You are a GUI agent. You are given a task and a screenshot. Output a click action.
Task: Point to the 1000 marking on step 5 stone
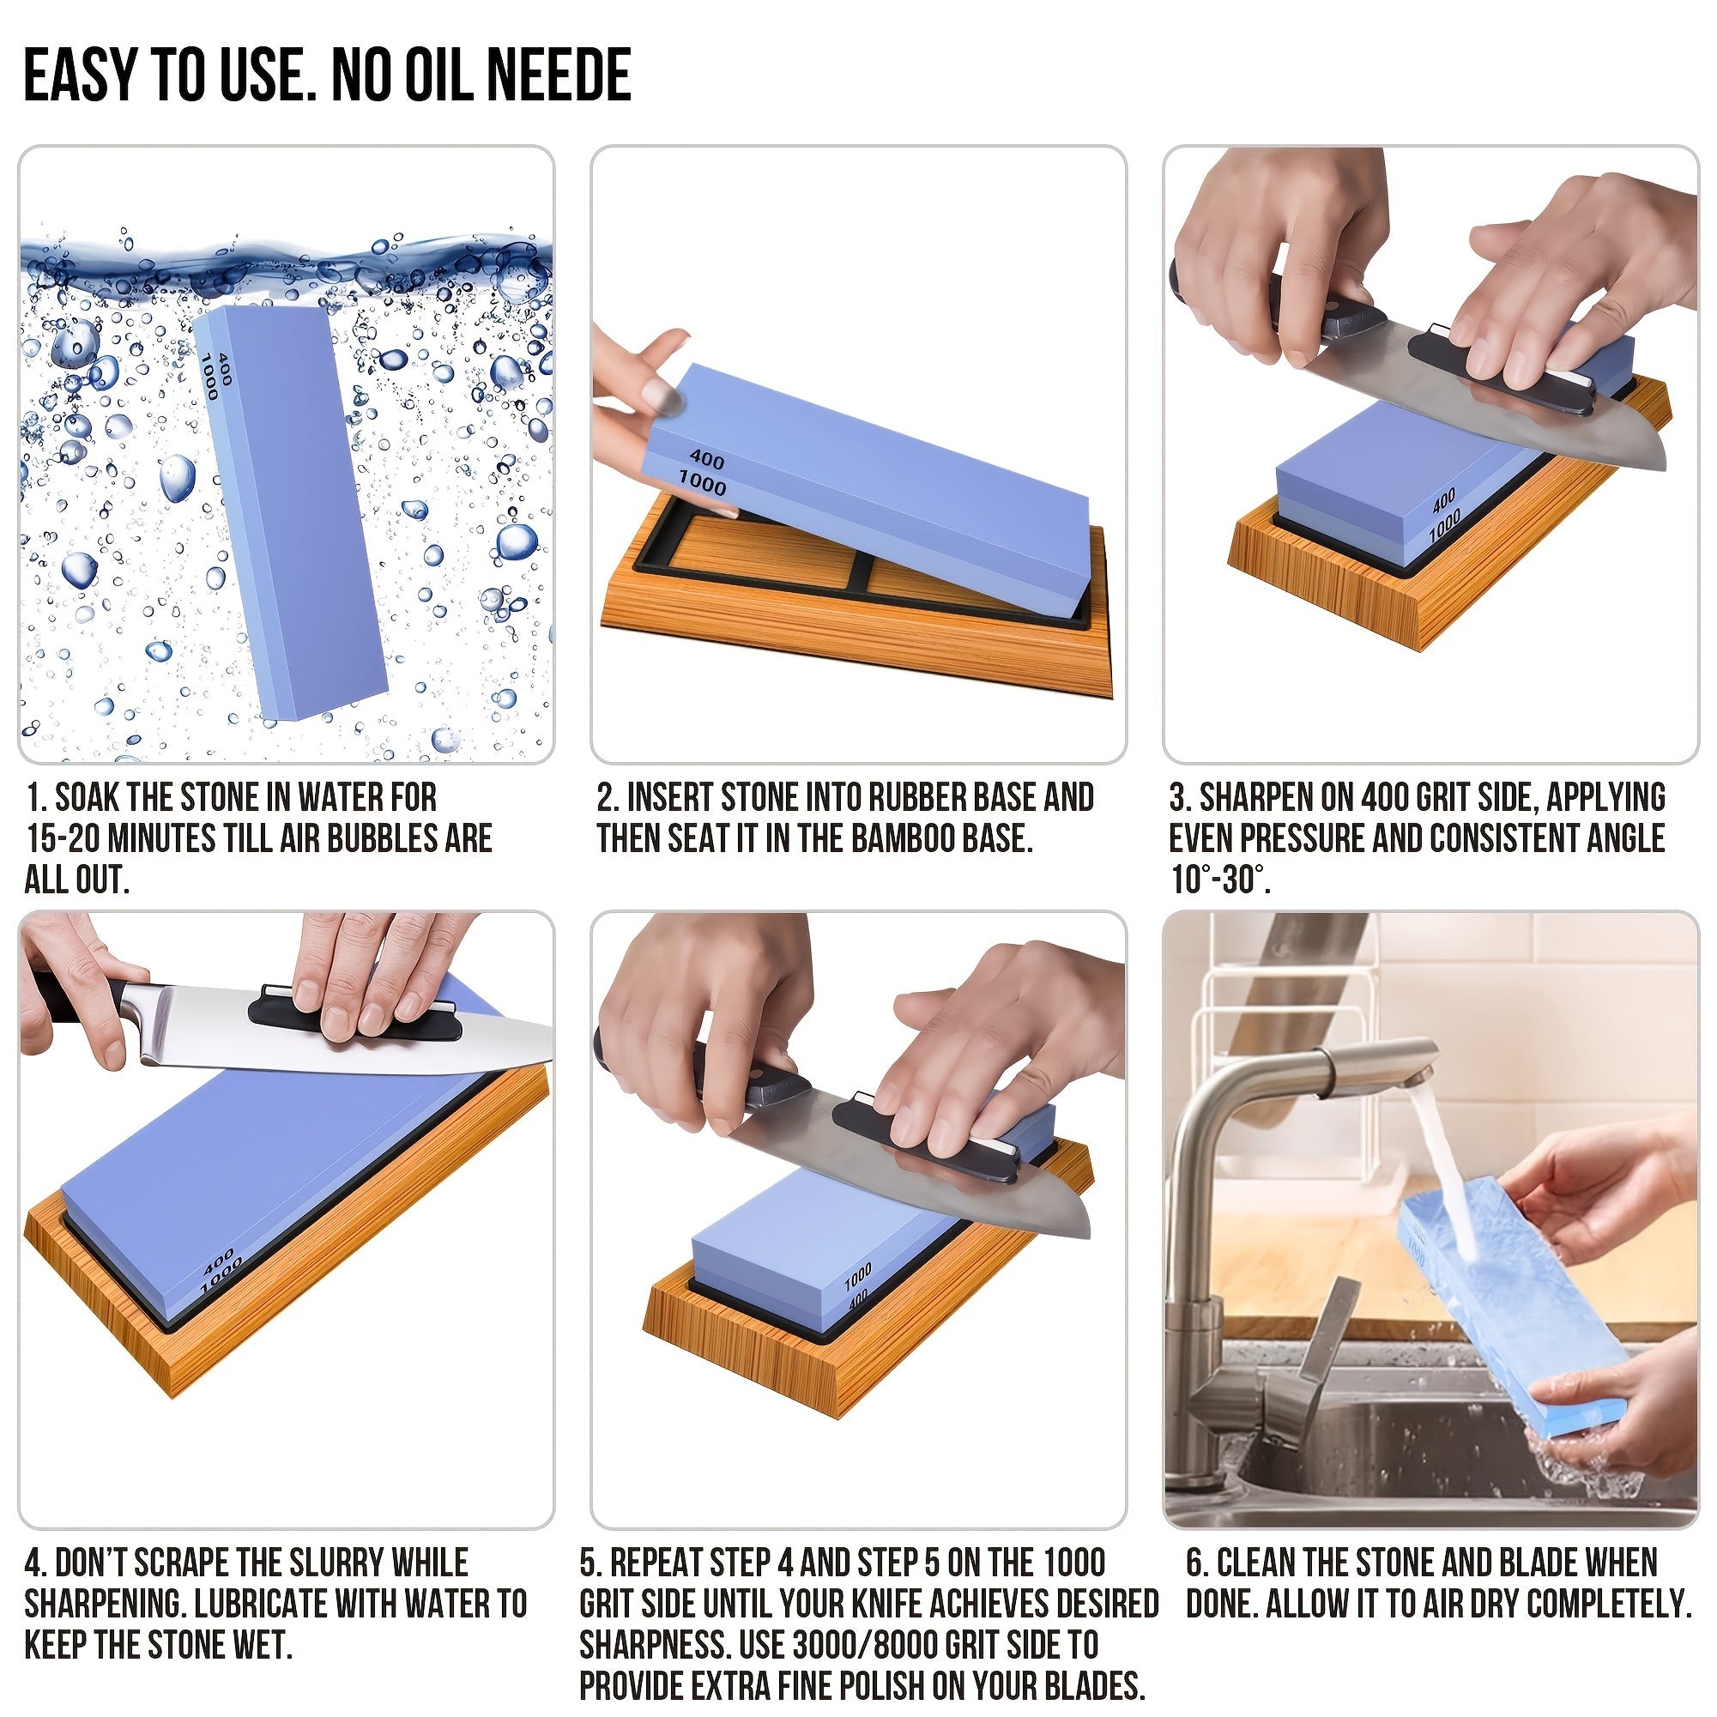point(857,1278)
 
